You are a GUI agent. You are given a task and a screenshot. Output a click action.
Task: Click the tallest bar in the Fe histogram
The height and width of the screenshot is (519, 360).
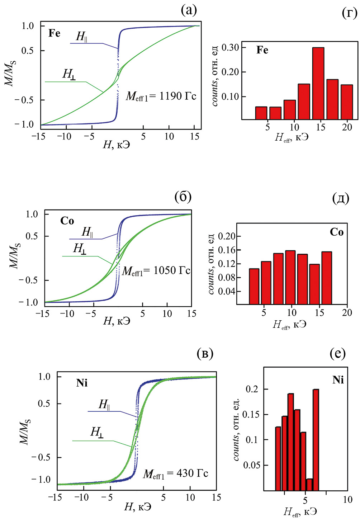(318, 83)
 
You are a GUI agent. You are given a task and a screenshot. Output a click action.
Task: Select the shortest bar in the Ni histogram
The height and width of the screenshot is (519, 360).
(309, 484)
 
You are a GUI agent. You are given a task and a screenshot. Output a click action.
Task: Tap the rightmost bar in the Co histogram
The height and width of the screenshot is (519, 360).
(327, 278)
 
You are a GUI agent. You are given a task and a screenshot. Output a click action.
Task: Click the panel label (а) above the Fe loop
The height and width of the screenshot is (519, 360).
(189, 10)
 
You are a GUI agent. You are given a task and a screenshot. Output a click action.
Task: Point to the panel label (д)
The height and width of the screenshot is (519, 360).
(340, 198)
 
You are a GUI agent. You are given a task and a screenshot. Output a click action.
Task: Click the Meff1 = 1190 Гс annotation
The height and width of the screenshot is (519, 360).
(161, 96)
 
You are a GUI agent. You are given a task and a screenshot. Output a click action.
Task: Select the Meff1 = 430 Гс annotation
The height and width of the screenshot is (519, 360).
(175, 474)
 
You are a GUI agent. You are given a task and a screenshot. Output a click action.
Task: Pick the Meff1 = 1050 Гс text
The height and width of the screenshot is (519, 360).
(156, 271)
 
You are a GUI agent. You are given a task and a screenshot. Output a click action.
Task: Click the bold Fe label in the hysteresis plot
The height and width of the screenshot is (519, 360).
(55, 33)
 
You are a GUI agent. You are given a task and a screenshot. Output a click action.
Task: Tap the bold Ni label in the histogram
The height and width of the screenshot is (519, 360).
(338, 379)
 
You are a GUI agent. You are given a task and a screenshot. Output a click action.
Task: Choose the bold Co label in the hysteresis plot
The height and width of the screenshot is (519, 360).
(67, 221)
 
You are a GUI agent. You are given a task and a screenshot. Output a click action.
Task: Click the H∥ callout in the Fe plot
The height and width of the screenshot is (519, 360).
(82, 37)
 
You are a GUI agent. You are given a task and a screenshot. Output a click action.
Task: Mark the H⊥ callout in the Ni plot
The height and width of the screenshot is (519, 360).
(97, 432)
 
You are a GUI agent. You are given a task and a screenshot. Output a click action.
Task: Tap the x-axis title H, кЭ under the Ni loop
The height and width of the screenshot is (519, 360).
(137, 507)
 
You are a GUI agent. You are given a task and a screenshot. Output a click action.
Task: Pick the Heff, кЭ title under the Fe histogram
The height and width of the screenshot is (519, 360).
(292, 137)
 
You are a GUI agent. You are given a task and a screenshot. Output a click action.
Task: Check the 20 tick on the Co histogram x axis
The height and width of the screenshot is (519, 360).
(347, 312)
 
